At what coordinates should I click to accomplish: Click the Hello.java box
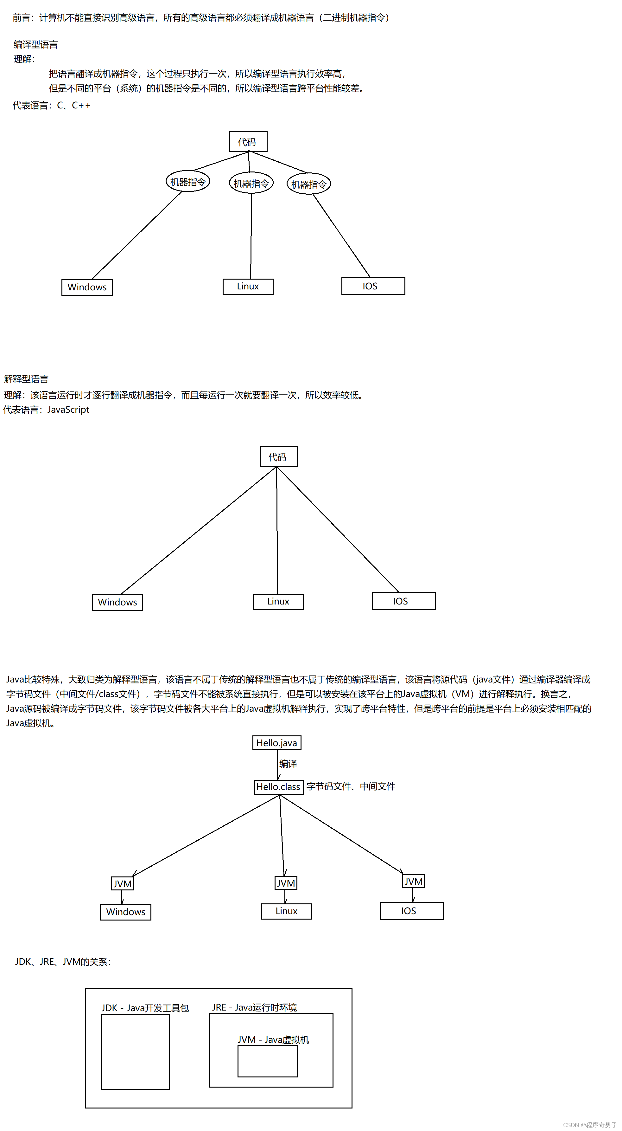pyautogui.click(x=276, y=743)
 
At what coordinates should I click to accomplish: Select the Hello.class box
pyautogui.click(x=278, y=787)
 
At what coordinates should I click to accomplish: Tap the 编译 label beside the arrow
pyautogui.click(x=288, y=764)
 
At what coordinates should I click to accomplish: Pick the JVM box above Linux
pyautogui.click(x=286, y=883)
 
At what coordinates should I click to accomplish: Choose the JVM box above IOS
pyautogui.click(x=413, y=881)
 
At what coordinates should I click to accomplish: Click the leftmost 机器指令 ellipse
pyautogui.click(x=188, y=181)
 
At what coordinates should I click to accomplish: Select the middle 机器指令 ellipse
pyautogui.click(x=251, y=183)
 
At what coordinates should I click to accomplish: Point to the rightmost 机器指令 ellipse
pyautogui.click(x=309, y=184)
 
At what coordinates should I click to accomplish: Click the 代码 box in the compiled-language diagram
pyautogui.click(x=248, y=142)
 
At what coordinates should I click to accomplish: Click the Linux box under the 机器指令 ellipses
pyautogui.click(x=248, y=287)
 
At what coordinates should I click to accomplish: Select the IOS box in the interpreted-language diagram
pyautogui.click(x=403, y=601)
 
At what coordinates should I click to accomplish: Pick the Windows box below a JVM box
pyautogui.click(x=125, y=912)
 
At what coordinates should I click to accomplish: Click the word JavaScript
pyautogui.click(x=68, y=410)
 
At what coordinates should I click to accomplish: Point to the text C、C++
pyautogui.click(x=74, y=105)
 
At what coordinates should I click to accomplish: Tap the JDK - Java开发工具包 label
pyautogui.click(x=145, y=1008)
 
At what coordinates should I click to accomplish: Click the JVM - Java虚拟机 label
pyautogui.click(x=273, y=1040)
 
